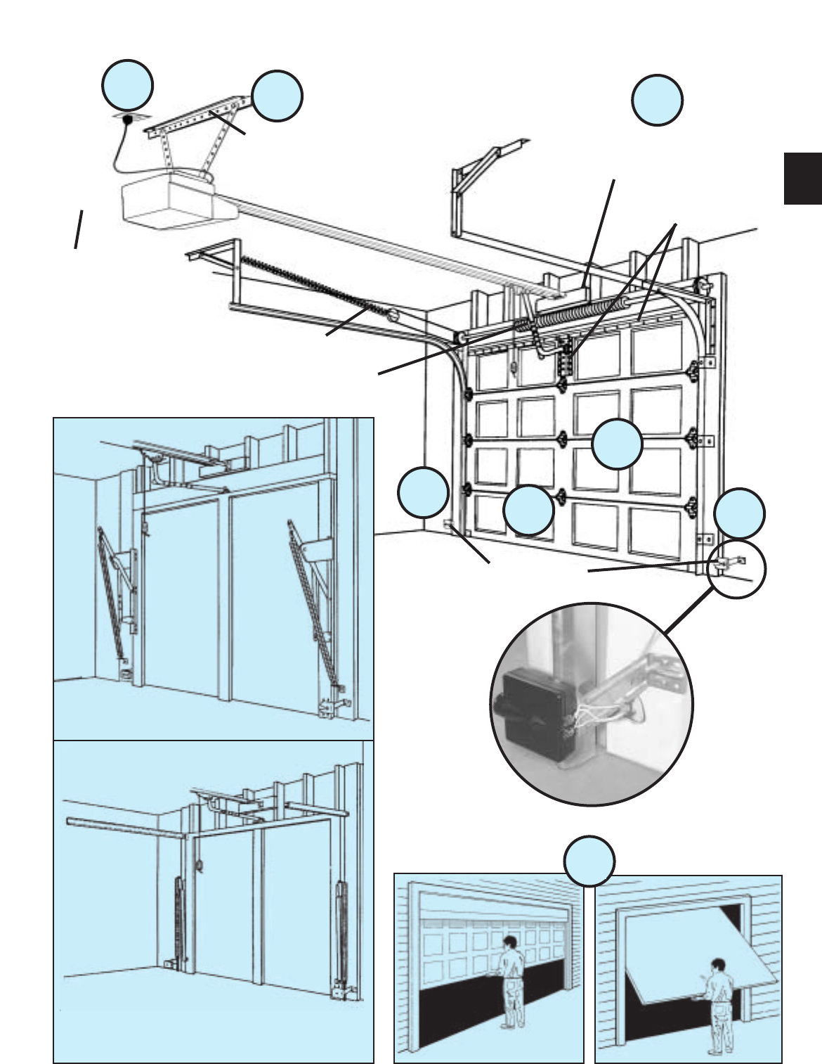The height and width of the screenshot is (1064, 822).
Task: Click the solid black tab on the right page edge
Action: tap(802, 179)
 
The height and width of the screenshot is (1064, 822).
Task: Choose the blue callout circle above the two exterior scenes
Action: tap(591, 860)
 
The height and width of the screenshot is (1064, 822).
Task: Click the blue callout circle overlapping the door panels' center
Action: tap(617, 445)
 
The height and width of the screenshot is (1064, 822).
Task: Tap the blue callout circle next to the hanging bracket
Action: tap(278, 96)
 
